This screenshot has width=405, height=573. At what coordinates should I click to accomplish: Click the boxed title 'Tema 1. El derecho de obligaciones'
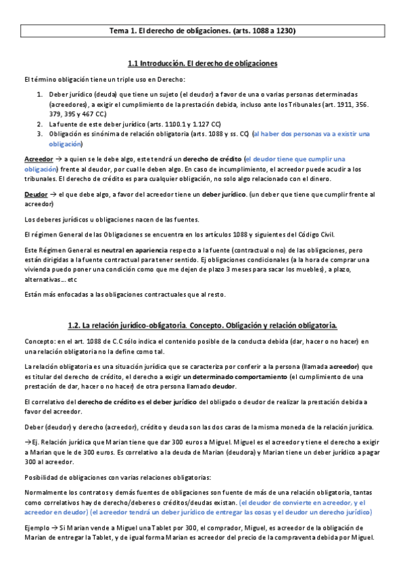click(202, 30)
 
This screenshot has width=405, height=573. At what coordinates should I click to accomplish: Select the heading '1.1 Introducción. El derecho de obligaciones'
click(202, 64)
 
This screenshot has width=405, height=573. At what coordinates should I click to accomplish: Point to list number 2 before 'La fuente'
click(40, 124)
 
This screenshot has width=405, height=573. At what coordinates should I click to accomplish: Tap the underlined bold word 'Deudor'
click(34, 195)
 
